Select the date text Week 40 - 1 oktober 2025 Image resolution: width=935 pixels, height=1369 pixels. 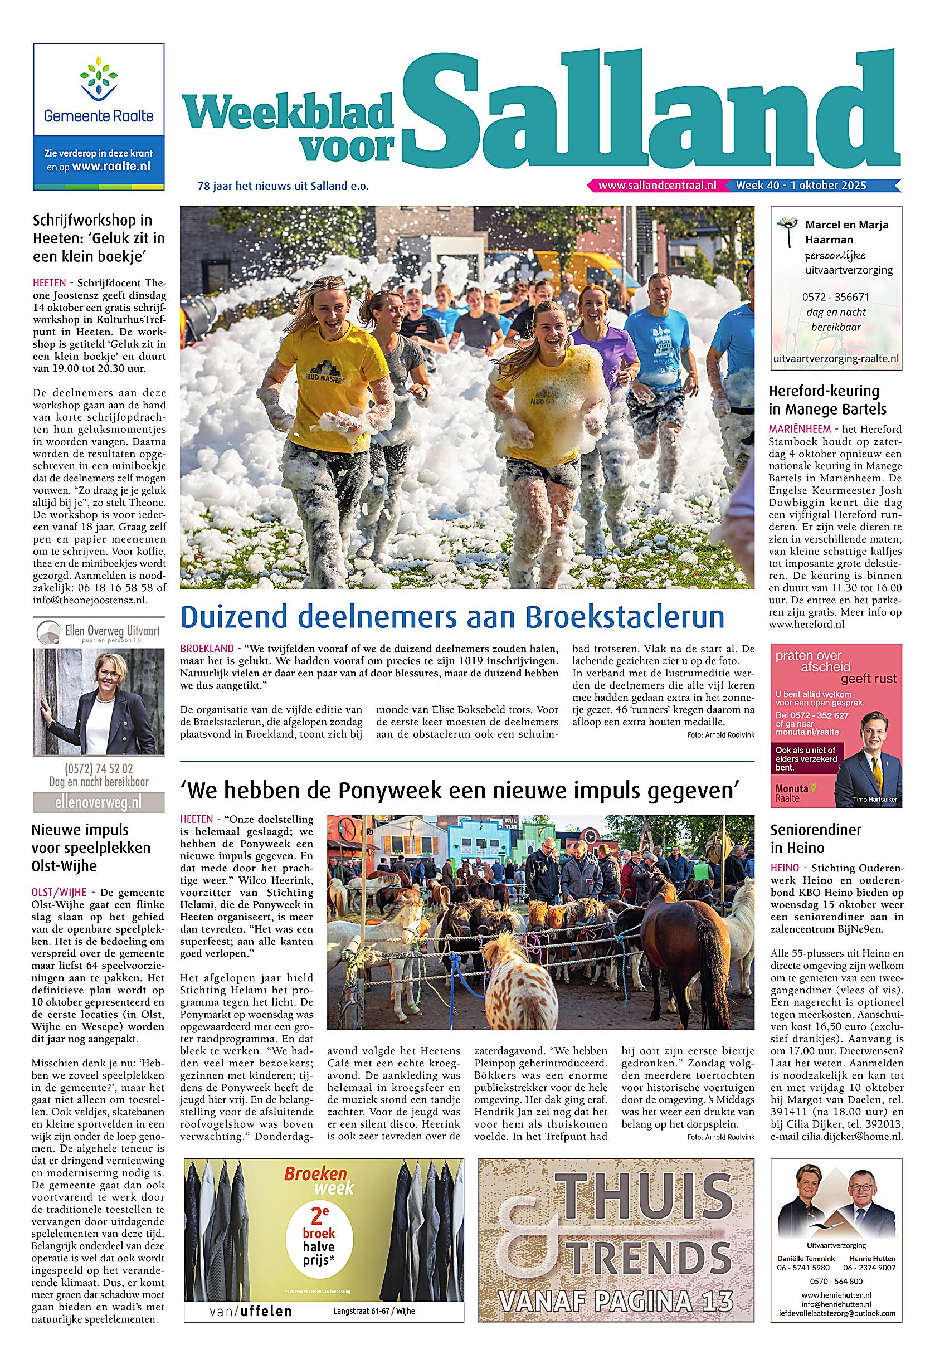pyautogui.click(x=801, y=185)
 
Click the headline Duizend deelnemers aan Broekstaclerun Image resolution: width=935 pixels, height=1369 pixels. pyautogui.click(x=452, y=617)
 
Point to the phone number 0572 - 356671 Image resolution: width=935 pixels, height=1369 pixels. pyautogui.click(x=835, y=297)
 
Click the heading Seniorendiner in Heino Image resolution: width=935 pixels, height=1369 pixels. pyautogui.click(x=815, y=838)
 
